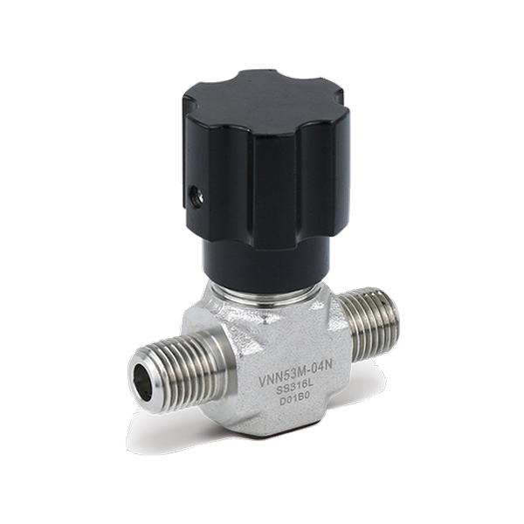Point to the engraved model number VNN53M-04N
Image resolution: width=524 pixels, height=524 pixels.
point(296,375)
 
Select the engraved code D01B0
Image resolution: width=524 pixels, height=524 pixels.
point(296,401)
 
